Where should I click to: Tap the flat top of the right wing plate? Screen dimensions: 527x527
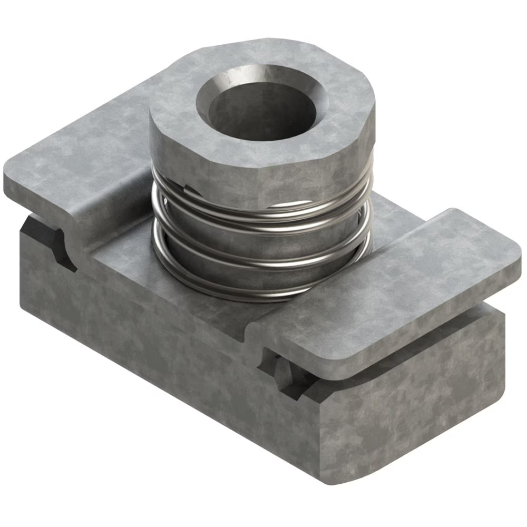(x=401, y=279)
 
